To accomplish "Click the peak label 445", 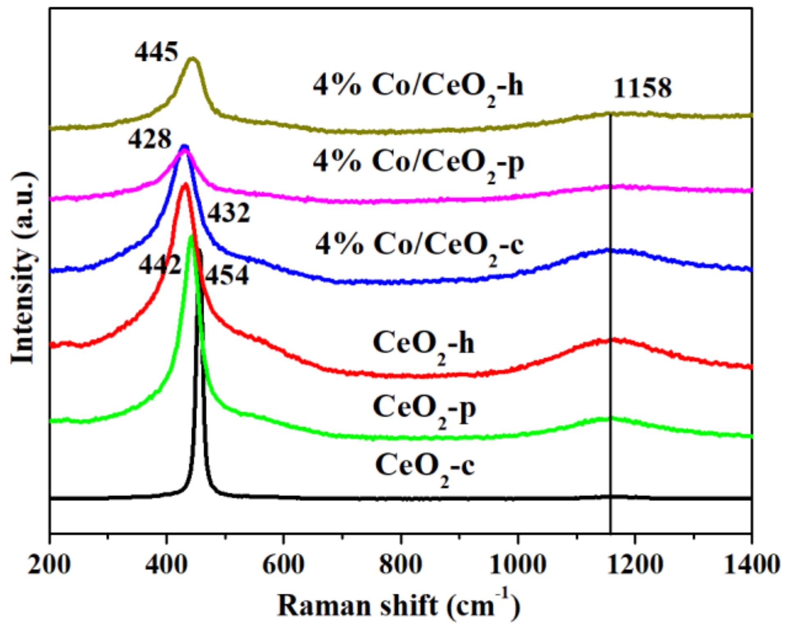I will tap(156, 53).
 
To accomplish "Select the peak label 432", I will tap(229, 213).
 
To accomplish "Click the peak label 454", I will tap(227, 275).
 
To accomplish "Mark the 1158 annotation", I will tap(643, 88).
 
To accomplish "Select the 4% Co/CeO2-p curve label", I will tap(418, 163).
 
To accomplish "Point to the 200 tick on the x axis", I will tap(49, 564).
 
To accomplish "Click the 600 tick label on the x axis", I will tap(283, 564).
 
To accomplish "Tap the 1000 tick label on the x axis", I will tap(517, 564).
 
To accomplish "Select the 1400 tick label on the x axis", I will tap(751, 564).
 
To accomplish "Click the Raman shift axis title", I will tap(398, 606).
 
